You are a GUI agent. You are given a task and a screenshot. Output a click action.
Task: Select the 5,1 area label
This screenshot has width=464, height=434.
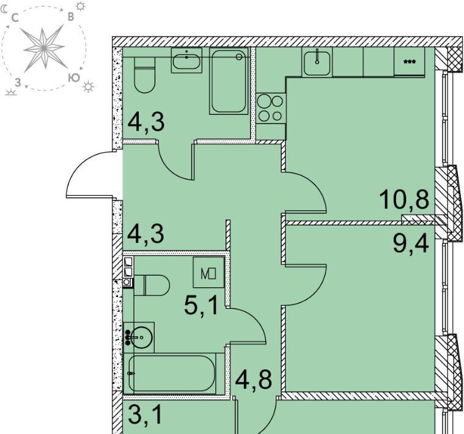click(201, 306)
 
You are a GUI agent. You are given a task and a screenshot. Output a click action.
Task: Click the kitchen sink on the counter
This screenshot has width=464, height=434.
click(317, 62)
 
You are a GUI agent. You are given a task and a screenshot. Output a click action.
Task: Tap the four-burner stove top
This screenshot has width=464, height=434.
click(271, 108)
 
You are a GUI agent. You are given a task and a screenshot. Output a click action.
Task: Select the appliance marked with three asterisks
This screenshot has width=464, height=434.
click(410, 62)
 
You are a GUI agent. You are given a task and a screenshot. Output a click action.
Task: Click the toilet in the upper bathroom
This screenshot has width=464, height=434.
click(144, 75)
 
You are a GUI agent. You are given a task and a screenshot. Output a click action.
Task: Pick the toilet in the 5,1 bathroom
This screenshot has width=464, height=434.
click(152, 285)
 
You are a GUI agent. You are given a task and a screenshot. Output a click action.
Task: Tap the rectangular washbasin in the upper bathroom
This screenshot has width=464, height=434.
click(186, 61)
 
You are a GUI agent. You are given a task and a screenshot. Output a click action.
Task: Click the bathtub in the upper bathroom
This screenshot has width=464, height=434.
click(229, 81)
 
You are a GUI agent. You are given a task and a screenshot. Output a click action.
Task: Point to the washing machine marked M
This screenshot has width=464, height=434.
click(208, 273)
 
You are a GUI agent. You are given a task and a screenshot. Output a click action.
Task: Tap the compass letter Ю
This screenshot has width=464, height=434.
click(74, 78)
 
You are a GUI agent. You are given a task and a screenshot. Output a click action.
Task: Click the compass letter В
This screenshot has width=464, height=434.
click(70, 17)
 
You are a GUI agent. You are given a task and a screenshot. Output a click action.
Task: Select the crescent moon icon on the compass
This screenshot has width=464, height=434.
click(4, 10)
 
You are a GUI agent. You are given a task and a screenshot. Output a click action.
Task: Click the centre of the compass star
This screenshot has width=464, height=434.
click(44, 47)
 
